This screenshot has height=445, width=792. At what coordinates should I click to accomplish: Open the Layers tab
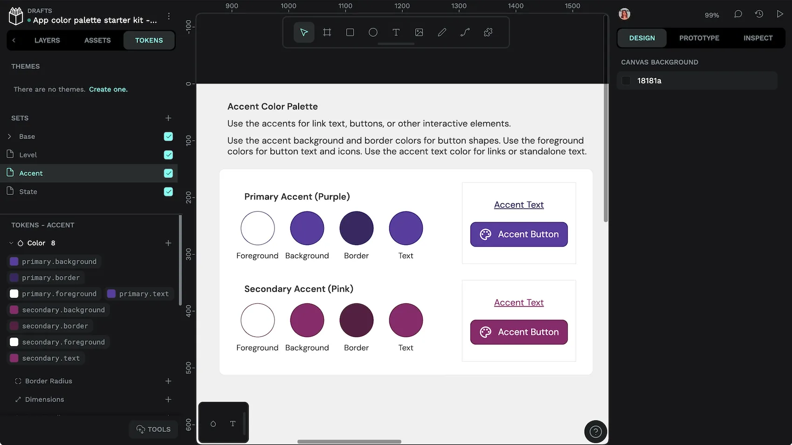[47, 41]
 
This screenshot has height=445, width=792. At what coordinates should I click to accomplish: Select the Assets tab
[97, 41]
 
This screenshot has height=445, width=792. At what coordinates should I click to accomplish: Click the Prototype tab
[699, 38]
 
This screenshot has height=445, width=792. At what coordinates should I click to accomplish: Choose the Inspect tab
[758, 38]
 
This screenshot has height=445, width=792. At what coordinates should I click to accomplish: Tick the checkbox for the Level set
[168, 155]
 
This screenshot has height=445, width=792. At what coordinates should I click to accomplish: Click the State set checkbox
[168, 192]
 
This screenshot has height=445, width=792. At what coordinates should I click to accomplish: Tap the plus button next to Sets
[168, 118]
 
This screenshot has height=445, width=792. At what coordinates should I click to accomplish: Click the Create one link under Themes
[108, 89]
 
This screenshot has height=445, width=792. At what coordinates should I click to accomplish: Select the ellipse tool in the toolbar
[373, 33]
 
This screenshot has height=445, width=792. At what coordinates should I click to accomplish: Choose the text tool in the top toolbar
[396, 33]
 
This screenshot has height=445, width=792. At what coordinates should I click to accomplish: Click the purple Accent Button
[519, 234]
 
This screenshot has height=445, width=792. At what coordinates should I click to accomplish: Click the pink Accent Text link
[519, 303]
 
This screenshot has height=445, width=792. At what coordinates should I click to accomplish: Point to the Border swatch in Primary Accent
[356, 228]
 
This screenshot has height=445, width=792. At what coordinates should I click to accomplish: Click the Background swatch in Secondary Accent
[307, 320]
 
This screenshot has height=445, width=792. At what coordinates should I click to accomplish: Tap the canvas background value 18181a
[649, 81]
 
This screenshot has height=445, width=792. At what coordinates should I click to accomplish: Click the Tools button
[153, 429]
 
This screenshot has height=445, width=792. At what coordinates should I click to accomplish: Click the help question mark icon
[595, 432]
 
